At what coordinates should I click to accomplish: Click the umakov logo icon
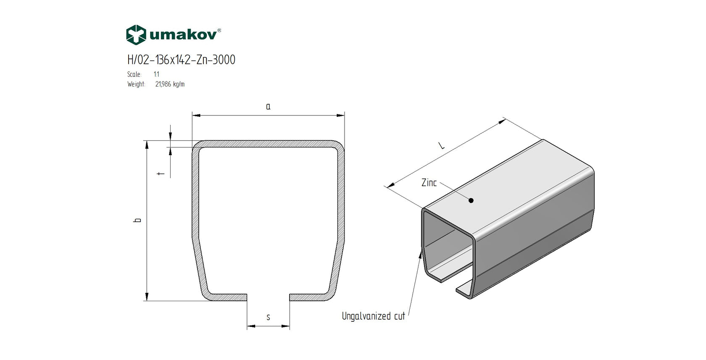(136, 35)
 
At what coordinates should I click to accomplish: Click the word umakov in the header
(183, 35)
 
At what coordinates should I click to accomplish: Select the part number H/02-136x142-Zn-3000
(181, 60)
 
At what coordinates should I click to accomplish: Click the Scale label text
(134, 74)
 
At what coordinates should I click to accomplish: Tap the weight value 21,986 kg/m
(170, 84)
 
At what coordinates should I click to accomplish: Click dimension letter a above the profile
(268, 107)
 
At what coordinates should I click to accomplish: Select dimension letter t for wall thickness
(161, 173)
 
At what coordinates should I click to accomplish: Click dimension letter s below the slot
(268, 317)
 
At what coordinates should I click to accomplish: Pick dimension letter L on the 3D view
(441, 146)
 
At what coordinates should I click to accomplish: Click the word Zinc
(429, 183)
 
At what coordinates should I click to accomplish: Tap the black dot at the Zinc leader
(471, 200)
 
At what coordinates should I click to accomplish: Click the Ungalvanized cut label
(373, 316)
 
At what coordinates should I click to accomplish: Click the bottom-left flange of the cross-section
(227, 297)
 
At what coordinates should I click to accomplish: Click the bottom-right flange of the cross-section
(309, 297)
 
